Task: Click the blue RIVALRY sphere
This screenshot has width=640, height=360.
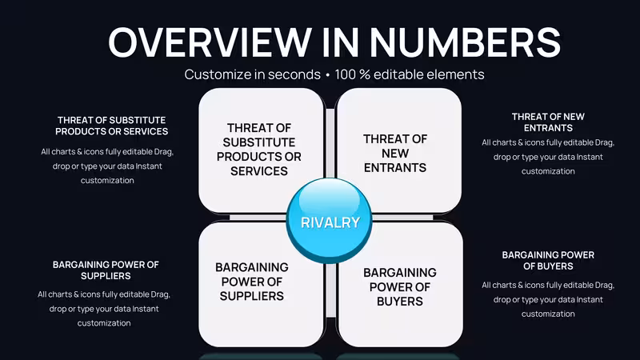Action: click(329, 221)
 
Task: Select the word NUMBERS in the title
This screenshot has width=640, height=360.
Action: click(466, 42)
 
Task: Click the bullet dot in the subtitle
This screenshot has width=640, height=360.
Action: click(328, 75)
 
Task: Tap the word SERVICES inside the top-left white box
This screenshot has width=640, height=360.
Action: click(258, 171)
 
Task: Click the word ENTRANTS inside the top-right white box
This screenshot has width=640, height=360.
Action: click(395, 168)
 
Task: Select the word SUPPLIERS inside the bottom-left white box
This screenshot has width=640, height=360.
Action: click(251, 296)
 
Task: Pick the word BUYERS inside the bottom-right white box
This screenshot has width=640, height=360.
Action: click(399, 302)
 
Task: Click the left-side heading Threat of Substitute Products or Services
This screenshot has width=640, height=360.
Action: click(111, 126)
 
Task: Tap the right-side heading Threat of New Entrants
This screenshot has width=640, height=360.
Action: click(548, 122)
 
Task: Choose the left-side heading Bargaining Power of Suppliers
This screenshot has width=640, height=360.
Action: click(106, 270)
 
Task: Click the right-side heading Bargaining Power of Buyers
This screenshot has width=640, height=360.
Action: click(548, 261)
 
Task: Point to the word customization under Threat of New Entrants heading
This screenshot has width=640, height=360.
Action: click(548, 171)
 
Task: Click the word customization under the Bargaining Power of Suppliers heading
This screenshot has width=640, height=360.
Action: click(104, 323)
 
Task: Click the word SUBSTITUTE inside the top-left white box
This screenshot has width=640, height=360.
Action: click(258, 142)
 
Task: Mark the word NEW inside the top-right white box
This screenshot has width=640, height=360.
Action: click(395, 154)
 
